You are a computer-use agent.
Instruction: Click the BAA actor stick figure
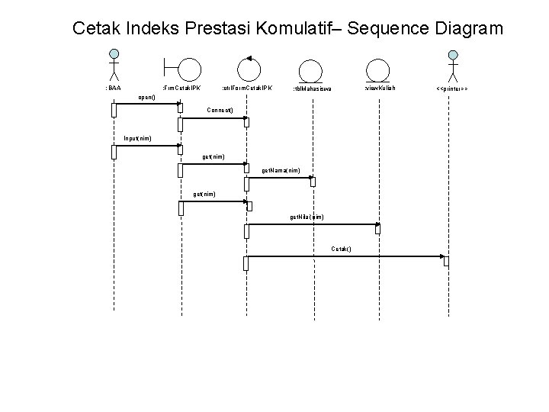point(114,65)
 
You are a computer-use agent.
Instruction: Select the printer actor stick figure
point(453,66)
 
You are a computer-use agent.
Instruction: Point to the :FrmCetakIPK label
point(181,89)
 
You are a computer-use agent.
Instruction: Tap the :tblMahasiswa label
point(312,89)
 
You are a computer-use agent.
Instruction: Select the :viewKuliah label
point(379,88)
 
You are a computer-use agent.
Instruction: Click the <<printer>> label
point(451,89)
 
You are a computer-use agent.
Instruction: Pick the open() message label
point(147,98)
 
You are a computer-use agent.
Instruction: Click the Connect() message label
point(220,110)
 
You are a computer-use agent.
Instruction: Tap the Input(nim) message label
point(137,138)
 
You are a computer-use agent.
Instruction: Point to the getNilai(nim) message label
point(306,217)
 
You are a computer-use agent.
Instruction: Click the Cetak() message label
point(341,249)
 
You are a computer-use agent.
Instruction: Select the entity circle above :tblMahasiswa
point(310,69)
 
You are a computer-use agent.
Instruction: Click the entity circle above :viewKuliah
point(377,69)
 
